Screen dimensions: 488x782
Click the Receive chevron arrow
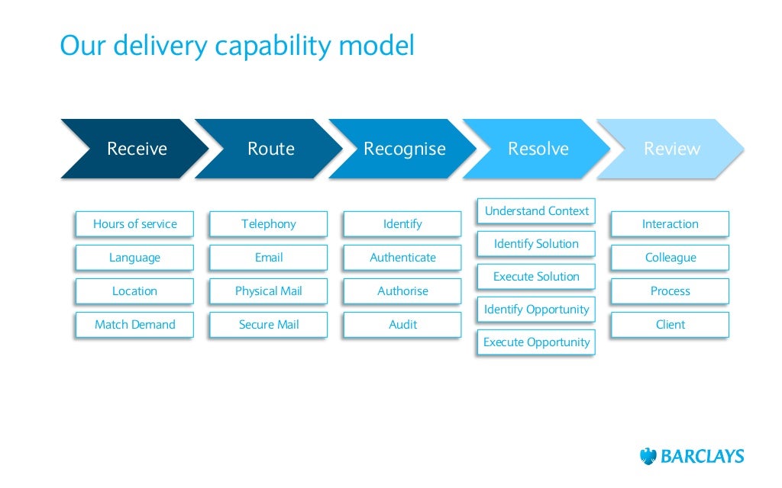pos(136,149)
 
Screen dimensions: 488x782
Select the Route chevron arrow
pos(270,149)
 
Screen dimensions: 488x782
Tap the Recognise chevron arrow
pos(404,149)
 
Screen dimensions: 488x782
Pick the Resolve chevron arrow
pos(538,149)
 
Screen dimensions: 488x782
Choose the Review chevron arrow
pos(671,149)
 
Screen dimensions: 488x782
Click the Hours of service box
pos(134,224)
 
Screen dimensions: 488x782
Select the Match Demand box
pos(134,325)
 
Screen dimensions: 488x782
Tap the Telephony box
pos(268,224)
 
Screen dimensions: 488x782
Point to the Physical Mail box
pos(268,291)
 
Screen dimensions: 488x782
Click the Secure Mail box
pos(268,325)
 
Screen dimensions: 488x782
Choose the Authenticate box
pos(402,258)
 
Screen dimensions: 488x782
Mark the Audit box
pos(402,325)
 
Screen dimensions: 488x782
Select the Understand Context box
pos(536,211)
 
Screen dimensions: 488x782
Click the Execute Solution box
pos(536,277)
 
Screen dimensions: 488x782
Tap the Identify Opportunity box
pos(536,310)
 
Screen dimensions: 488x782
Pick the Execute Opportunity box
pos(536,342)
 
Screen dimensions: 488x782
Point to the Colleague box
pos(670,258)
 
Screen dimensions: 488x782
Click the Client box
pos(670,325)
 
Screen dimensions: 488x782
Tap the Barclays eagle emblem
pos(648,456)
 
